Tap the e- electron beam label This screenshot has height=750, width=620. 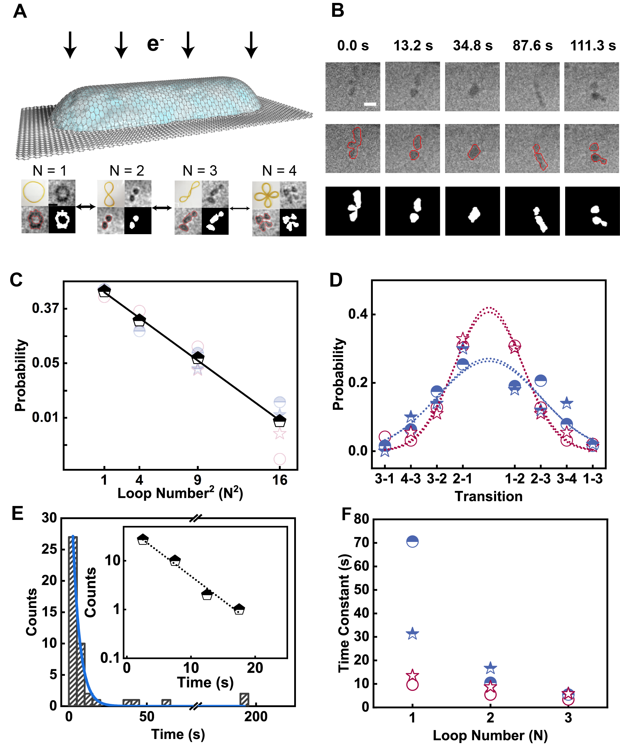click(155, 43)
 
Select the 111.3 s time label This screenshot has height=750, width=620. click(593, 46)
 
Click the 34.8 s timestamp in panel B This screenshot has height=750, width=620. click(473, 46)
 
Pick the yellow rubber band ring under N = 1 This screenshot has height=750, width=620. click(35, 193)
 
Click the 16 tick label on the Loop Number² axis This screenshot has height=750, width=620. click(280, 480)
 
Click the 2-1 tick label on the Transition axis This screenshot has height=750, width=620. click(462, 478)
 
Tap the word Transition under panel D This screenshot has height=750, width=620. click(488, 496)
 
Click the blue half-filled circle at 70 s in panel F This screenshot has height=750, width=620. click(413, 541)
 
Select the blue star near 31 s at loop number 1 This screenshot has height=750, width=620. click(413, 634)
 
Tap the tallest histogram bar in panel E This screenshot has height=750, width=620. click(73, 621)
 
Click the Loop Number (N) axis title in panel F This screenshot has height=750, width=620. click(490, 736)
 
